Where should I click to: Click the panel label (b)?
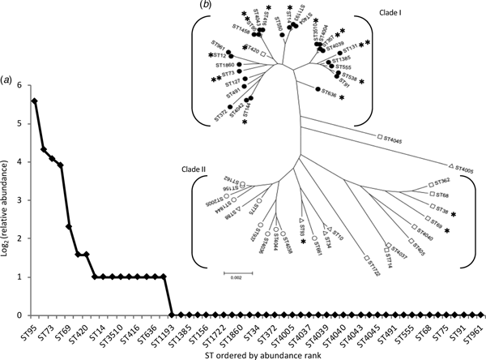click(207, 6)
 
